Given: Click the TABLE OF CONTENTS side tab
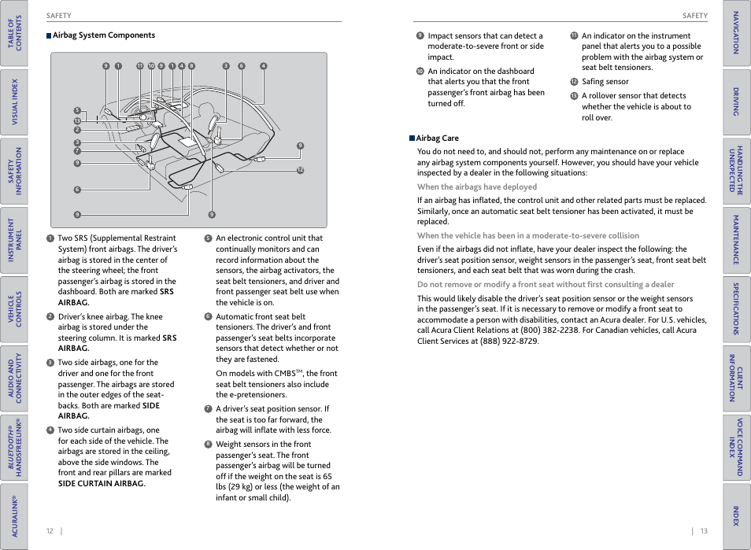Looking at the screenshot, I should [x=14, y=33].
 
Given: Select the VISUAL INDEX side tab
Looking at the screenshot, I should [x=14, y=102].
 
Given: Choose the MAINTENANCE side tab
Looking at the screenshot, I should [x=736, y=239].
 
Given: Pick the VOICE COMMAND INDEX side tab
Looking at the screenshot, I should [x=736, y=447].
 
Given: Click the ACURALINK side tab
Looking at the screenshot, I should [x=14, y=515].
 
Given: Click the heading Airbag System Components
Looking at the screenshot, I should [x=103, y=35].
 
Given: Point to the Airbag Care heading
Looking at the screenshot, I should [x=437, y=138].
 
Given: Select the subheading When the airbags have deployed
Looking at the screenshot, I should [x=476, y=187].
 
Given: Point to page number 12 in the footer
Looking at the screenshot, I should [x=50, y=531].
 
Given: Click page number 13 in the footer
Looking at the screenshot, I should [x=704, y=531].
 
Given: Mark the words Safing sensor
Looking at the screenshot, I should [x=605, y=82].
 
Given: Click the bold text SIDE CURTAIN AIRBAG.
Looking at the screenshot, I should [x=101, y=484].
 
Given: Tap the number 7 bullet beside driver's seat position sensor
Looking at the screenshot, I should [x=208, y=409].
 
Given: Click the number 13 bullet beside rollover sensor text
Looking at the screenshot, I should [x=574, y=96].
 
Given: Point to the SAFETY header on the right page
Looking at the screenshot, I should [x=694, y=16].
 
